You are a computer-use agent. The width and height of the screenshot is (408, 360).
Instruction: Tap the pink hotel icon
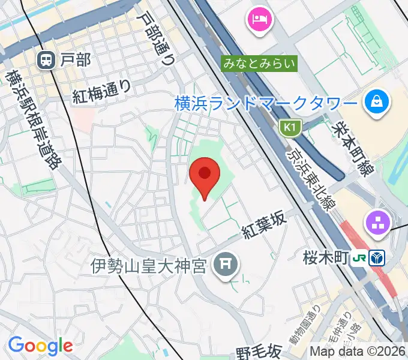(260, 19)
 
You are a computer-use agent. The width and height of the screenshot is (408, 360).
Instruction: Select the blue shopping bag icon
(378, 101)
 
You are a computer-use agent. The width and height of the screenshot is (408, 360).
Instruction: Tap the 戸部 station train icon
(45, 59)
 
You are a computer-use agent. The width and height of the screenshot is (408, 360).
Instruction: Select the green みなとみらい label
(259, 62)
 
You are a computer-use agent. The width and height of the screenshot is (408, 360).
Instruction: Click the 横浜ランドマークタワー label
(266, 103)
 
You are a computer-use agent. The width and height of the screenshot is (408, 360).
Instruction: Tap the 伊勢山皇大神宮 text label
(151, 264)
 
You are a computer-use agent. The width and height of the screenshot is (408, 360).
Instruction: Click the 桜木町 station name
(326, 258)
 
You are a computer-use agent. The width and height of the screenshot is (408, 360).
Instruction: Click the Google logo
(40, 346)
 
